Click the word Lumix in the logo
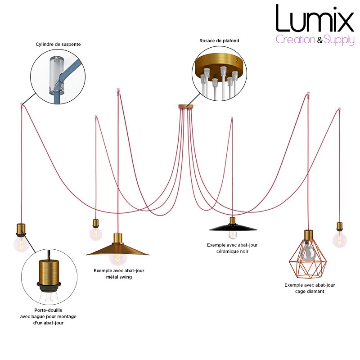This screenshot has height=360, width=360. click(x=315, y=18)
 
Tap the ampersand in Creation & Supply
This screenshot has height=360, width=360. click(x=320, y=40)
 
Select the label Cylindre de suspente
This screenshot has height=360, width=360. click(x=58, y=44)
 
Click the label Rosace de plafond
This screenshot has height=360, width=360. click(x=219, y=40)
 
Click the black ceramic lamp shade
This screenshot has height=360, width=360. click(x=233, y=228)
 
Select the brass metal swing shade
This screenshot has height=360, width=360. click(x=117, y=249)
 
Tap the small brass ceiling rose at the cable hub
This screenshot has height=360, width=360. click(x=186, y=107)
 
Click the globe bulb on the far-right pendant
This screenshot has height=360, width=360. click(x=340, y=239)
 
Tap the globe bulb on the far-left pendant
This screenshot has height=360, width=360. click(x=21, y=244)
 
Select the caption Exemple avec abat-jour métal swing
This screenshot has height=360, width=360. click(x=119, y=274)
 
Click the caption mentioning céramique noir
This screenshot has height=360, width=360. click(x=232, y=248)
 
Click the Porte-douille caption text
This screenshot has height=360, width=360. click(x=48, y=316)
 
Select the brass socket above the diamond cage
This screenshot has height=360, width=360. click(x=309, y=235)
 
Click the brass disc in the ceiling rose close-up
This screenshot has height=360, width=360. click(x=219, y=62)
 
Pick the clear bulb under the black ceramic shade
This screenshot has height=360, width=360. click(x=233, y=234)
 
